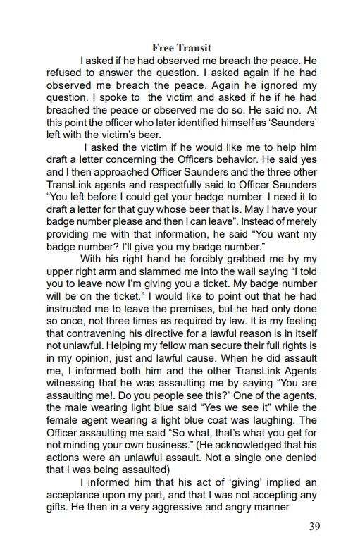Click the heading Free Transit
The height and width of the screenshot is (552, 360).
(181, 48)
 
